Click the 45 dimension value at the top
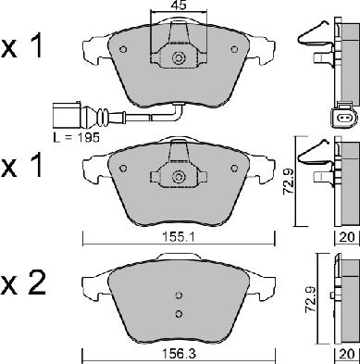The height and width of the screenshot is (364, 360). [x=179, y=6]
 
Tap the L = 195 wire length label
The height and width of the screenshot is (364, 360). [x=77, y=138]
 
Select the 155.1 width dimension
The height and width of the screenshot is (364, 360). [x=179, y=238]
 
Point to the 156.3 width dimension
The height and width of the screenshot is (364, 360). [x=179, y=354]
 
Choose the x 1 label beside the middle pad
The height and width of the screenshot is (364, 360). [x=21, y=166]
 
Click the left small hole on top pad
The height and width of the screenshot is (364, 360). [x=123, y=49]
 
